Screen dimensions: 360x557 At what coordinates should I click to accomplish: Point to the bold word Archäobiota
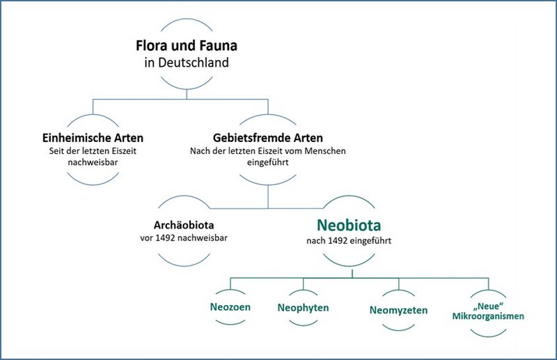(184, 226)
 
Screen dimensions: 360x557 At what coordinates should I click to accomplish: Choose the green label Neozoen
(230, 306)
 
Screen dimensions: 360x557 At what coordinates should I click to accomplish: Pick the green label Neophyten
(303, 307)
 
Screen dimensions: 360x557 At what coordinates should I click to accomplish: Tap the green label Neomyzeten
(398, 310)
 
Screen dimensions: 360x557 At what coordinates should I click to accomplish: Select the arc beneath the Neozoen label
(230, 322)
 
